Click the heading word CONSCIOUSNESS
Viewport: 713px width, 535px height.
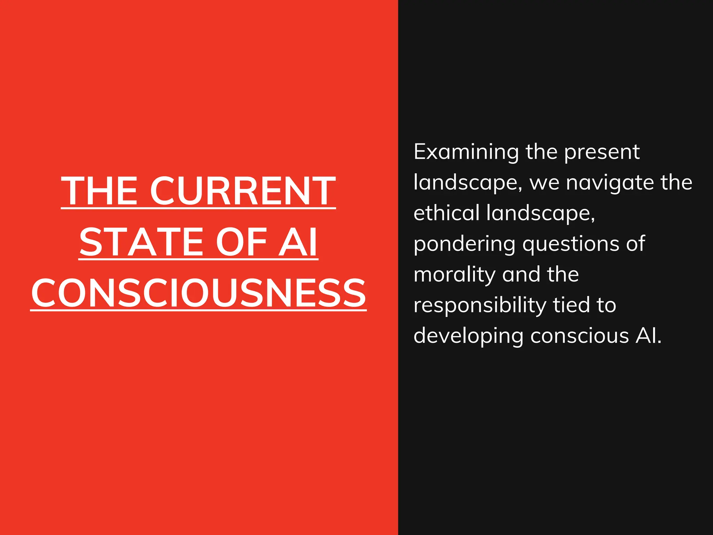[198, 293]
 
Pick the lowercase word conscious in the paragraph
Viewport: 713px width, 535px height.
[580, 336]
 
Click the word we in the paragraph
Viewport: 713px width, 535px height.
[544, 183]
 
